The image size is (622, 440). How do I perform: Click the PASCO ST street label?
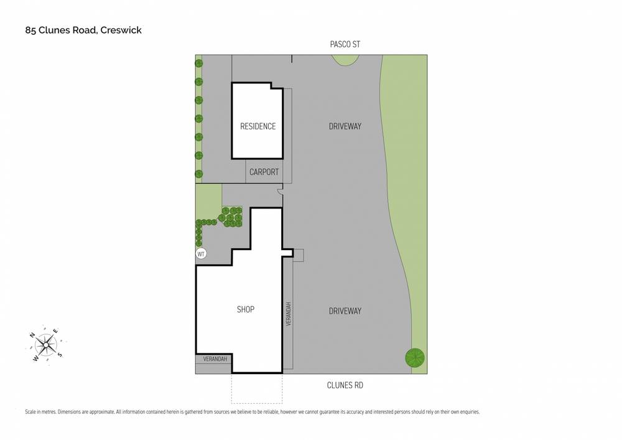345,44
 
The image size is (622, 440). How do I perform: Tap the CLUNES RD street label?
345,385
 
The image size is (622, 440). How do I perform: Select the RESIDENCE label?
258,126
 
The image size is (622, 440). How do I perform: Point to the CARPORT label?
264,172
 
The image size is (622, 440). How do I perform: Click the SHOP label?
246,309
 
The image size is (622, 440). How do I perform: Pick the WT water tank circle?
201,254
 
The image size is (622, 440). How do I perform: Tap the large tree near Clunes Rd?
415,358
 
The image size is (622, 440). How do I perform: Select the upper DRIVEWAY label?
345,126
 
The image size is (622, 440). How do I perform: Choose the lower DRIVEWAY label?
345,311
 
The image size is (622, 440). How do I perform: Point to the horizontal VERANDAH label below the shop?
213,360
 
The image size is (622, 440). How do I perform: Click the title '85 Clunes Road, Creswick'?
83,29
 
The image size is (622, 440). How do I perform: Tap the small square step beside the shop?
299,255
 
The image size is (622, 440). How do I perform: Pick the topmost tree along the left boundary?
199,63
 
